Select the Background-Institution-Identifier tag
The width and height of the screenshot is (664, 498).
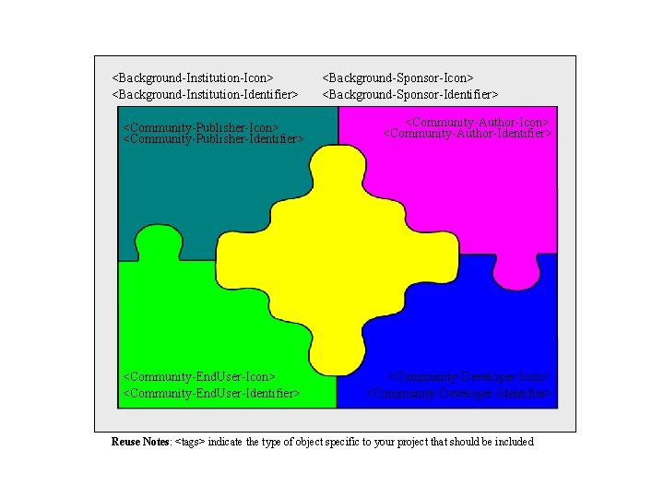pos(205,94)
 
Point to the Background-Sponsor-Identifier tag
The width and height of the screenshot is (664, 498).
pos(409,94)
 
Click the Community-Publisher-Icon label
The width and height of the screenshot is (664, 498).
pos(201,127)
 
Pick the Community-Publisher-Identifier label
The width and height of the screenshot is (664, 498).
pos(213,139)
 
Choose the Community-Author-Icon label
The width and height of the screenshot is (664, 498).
pos(478,122)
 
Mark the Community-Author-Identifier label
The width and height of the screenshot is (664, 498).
pos(467,134)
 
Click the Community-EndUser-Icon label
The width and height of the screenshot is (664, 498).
pos(199,376)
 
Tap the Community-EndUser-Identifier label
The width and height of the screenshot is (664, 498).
pos(211,393)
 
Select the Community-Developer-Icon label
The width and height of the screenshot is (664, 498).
pos(469,376)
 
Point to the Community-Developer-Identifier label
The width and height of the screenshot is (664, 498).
pos(461,393)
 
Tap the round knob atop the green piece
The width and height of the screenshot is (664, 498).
pos(158,242)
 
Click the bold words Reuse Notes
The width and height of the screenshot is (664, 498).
pos(140,442)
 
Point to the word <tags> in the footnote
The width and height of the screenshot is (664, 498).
pos(190,442)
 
